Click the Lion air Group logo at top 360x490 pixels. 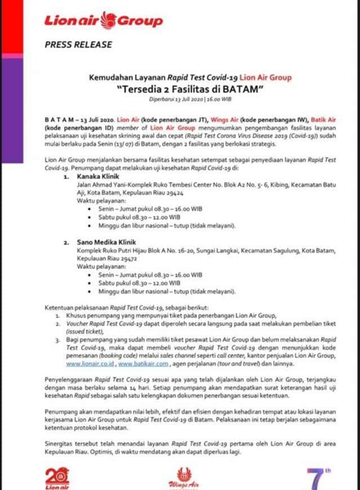coord(103,21)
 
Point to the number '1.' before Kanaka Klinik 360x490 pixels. coord(65,175)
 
